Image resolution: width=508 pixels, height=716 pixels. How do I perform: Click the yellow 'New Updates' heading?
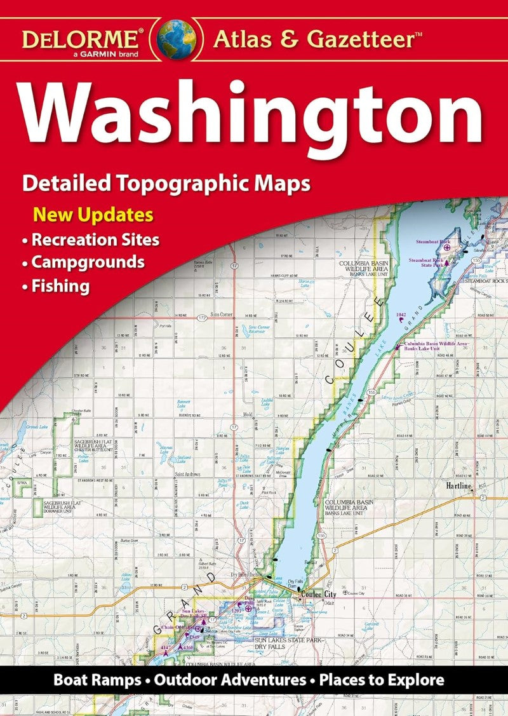coord(93,214)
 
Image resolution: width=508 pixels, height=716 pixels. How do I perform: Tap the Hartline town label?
coord(457,486)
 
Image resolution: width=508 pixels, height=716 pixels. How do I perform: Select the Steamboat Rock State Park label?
coord(427,263)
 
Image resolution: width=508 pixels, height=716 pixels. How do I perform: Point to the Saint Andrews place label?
coord(188,475)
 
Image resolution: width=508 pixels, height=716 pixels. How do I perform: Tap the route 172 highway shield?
coord(201,316)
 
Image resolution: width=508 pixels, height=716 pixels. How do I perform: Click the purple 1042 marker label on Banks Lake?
coord(401,314)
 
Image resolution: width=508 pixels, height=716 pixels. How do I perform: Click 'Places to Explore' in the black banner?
coord(381,680)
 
